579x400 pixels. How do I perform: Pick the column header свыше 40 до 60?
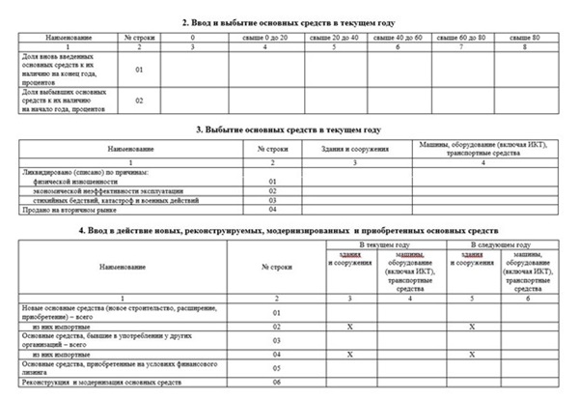(x=399, y=37)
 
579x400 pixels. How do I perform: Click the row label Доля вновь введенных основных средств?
(x=61, y=70)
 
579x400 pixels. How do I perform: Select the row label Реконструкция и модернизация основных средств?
(x=87, y=382)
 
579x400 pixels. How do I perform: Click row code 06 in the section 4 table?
(x=277, y=382)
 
